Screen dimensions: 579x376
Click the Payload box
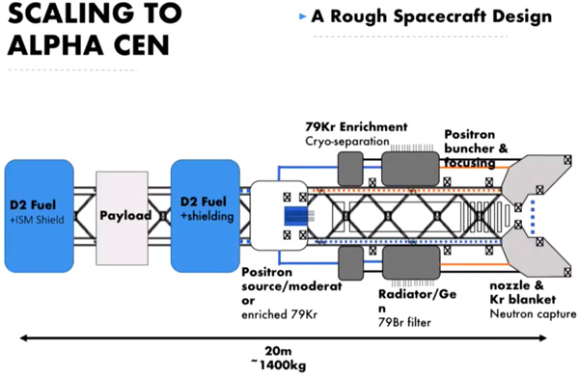[x=123, y=218]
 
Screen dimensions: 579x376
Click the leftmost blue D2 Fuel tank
[x=40, y=216]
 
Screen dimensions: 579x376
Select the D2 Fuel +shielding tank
[x=206, y=216]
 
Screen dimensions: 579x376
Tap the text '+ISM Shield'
[x=37, y=220]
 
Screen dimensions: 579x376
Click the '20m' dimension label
[x=278, y=351]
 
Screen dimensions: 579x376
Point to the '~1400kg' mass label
[x=278, y=365]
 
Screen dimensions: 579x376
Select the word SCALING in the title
[x=70, y=13]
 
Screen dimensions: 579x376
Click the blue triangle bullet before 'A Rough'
[x=302, y=16]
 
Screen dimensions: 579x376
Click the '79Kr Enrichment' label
[x=356, y=127]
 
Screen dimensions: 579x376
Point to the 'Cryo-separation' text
[x=347, y=142]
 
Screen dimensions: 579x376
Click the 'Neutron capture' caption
[x=533, y=314]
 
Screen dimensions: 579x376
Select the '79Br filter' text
[x=404, y=323]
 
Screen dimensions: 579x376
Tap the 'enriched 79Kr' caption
[x=279, y=314]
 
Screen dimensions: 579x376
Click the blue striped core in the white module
[x=295, y=216]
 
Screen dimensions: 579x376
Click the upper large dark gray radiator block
[x=410, y=169]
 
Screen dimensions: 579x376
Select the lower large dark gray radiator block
[x=411, y=263]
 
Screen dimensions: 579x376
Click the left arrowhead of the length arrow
[x=23, y=337]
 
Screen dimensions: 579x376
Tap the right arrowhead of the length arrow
[x=542, y=337]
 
